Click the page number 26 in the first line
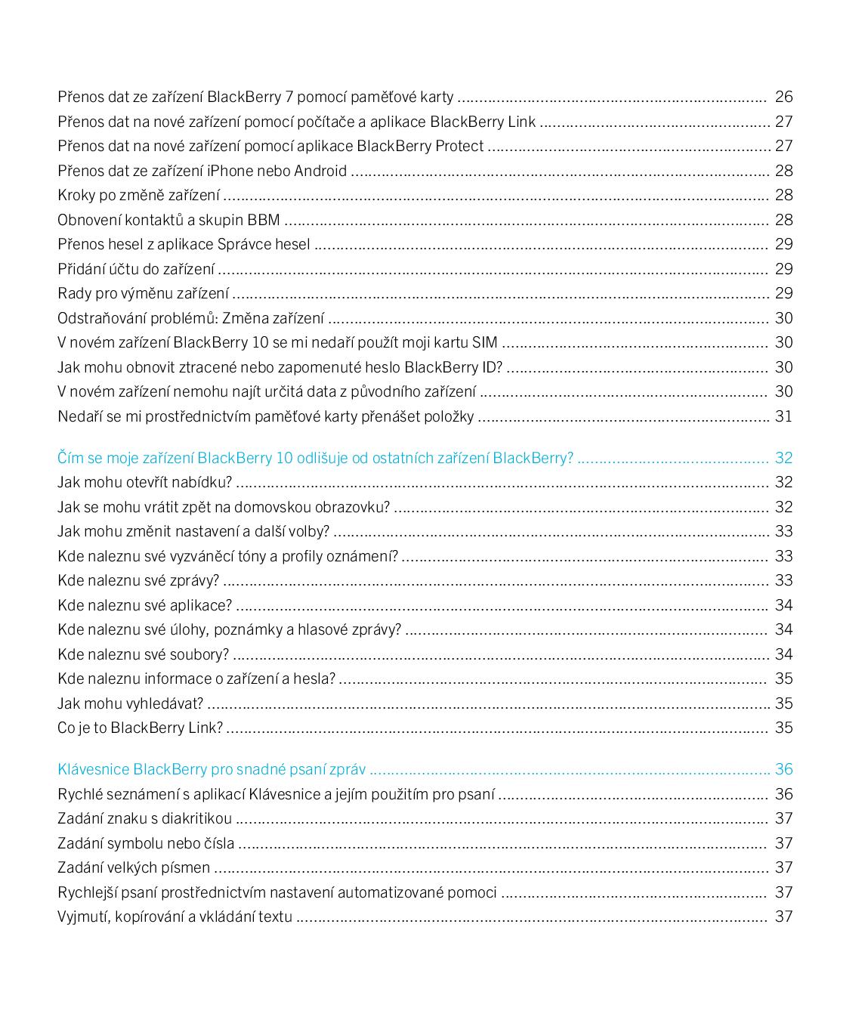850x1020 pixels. tap(784, 97)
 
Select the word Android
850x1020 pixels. tap(320, 171)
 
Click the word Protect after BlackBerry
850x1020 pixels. tap(459, 146)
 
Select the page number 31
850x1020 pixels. tap(784, 416)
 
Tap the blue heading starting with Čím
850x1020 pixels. tap(315, 458)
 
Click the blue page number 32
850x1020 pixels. tap(784, 458)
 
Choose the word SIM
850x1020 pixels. tap(484, 342)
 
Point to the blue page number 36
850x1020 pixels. tap(784, 769)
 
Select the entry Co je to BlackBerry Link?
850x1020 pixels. tap(140, 728)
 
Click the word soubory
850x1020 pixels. tap(199, 654)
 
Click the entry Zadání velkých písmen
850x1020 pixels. tap(134, 867)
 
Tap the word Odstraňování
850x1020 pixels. tap(100, 318)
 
